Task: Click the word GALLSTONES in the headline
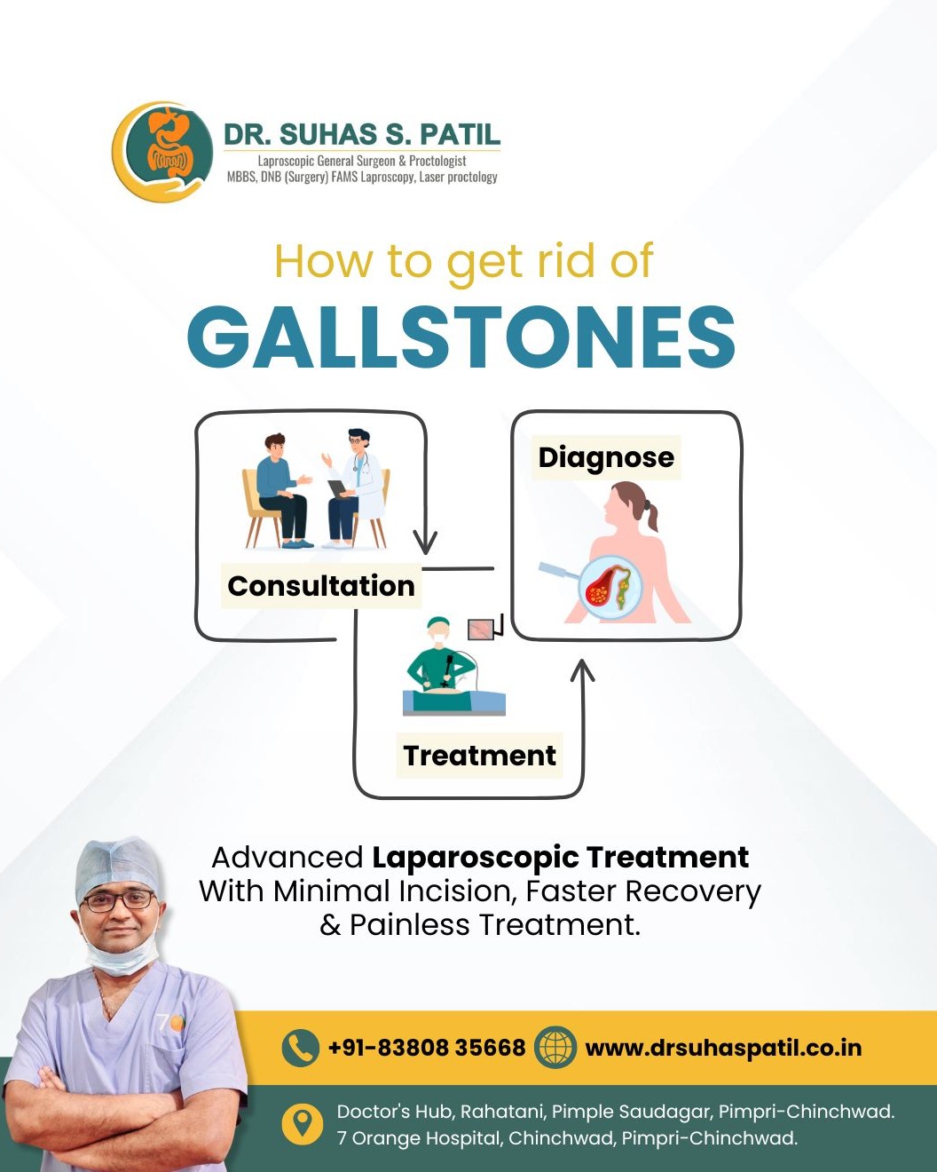coord(461,337)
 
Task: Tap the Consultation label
coord(321,586)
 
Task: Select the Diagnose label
coord(606,457)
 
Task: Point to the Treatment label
coord(479,756)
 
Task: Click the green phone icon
coord(301,1048)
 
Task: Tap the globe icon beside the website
coord(555,1047)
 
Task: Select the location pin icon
coord(303,1123)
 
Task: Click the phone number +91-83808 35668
coord(428,1048)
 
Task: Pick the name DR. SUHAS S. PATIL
coord(362,135)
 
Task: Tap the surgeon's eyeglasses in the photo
coord(118,900)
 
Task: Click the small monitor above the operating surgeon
coord(481,630)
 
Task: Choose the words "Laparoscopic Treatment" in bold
coord(560,857)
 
